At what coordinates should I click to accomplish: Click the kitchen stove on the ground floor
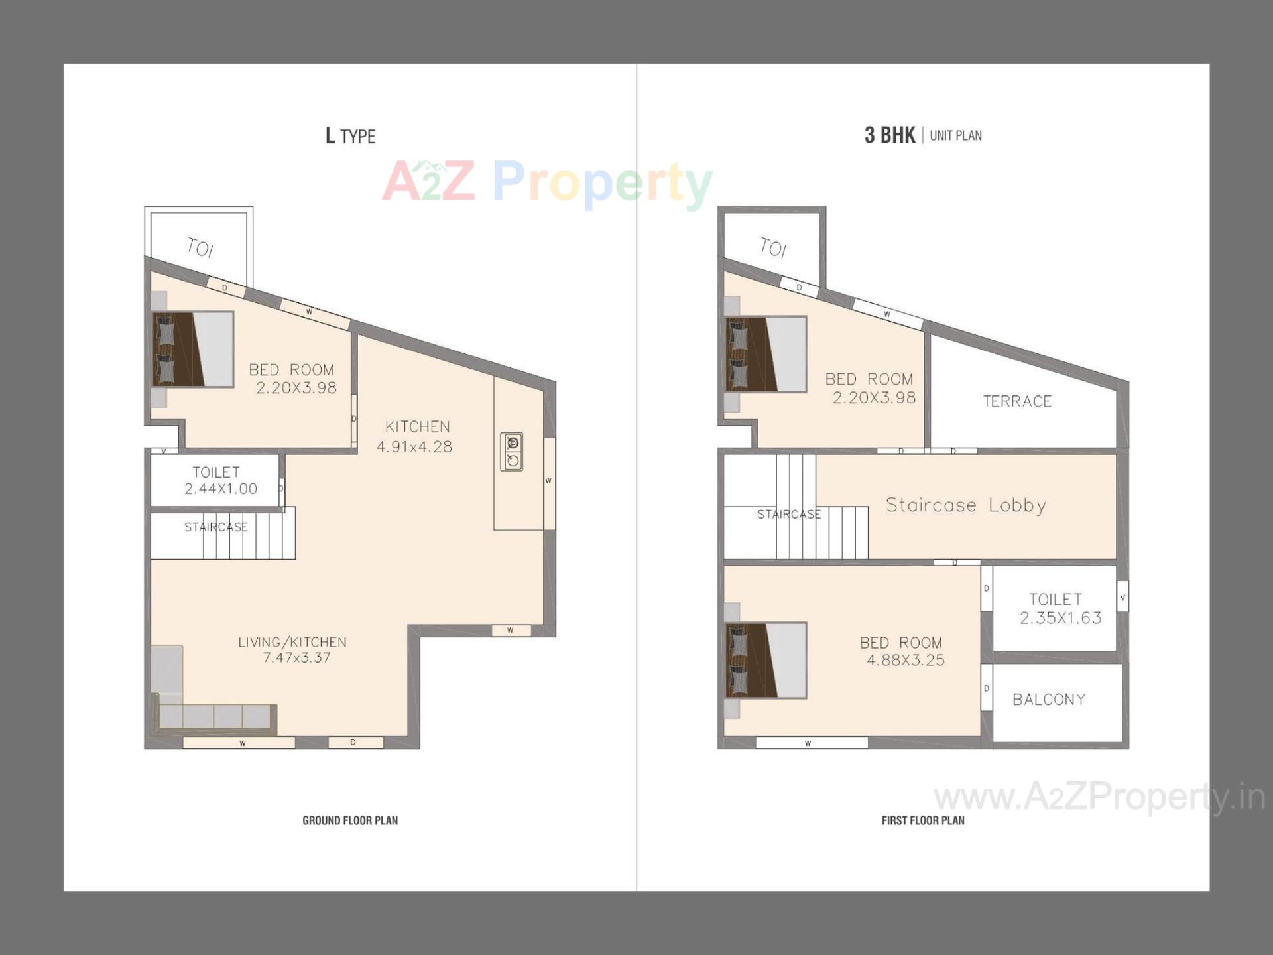512,452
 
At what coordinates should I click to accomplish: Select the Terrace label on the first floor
1017,401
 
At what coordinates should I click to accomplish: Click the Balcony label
1049,700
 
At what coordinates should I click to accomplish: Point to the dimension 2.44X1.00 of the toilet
221,489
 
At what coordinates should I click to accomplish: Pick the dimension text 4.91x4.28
414,447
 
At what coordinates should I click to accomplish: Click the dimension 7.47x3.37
296,657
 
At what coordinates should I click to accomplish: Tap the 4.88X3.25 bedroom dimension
906,660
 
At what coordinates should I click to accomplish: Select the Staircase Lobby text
966,505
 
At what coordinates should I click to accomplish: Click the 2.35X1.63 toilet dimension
1061,618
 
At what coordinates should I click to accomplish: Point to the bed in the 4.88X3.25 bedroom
766,660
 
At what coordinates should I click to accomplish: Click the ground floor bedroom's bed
193,349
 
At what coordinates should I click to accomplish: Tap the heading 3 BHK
889,135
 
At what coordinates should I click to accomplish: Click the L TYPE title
350,136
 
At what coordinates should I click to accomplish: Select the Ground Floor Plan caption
350,820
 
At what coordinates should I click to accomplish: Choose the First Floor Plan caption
923,820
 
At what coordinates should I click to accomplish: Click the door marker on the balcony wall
987,688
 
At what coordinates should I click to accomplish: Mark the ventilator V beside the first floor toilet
1122,597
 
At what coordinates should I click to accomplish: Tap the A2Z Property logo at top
547,182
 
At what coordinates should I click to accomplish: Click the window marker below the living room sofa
242,743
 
